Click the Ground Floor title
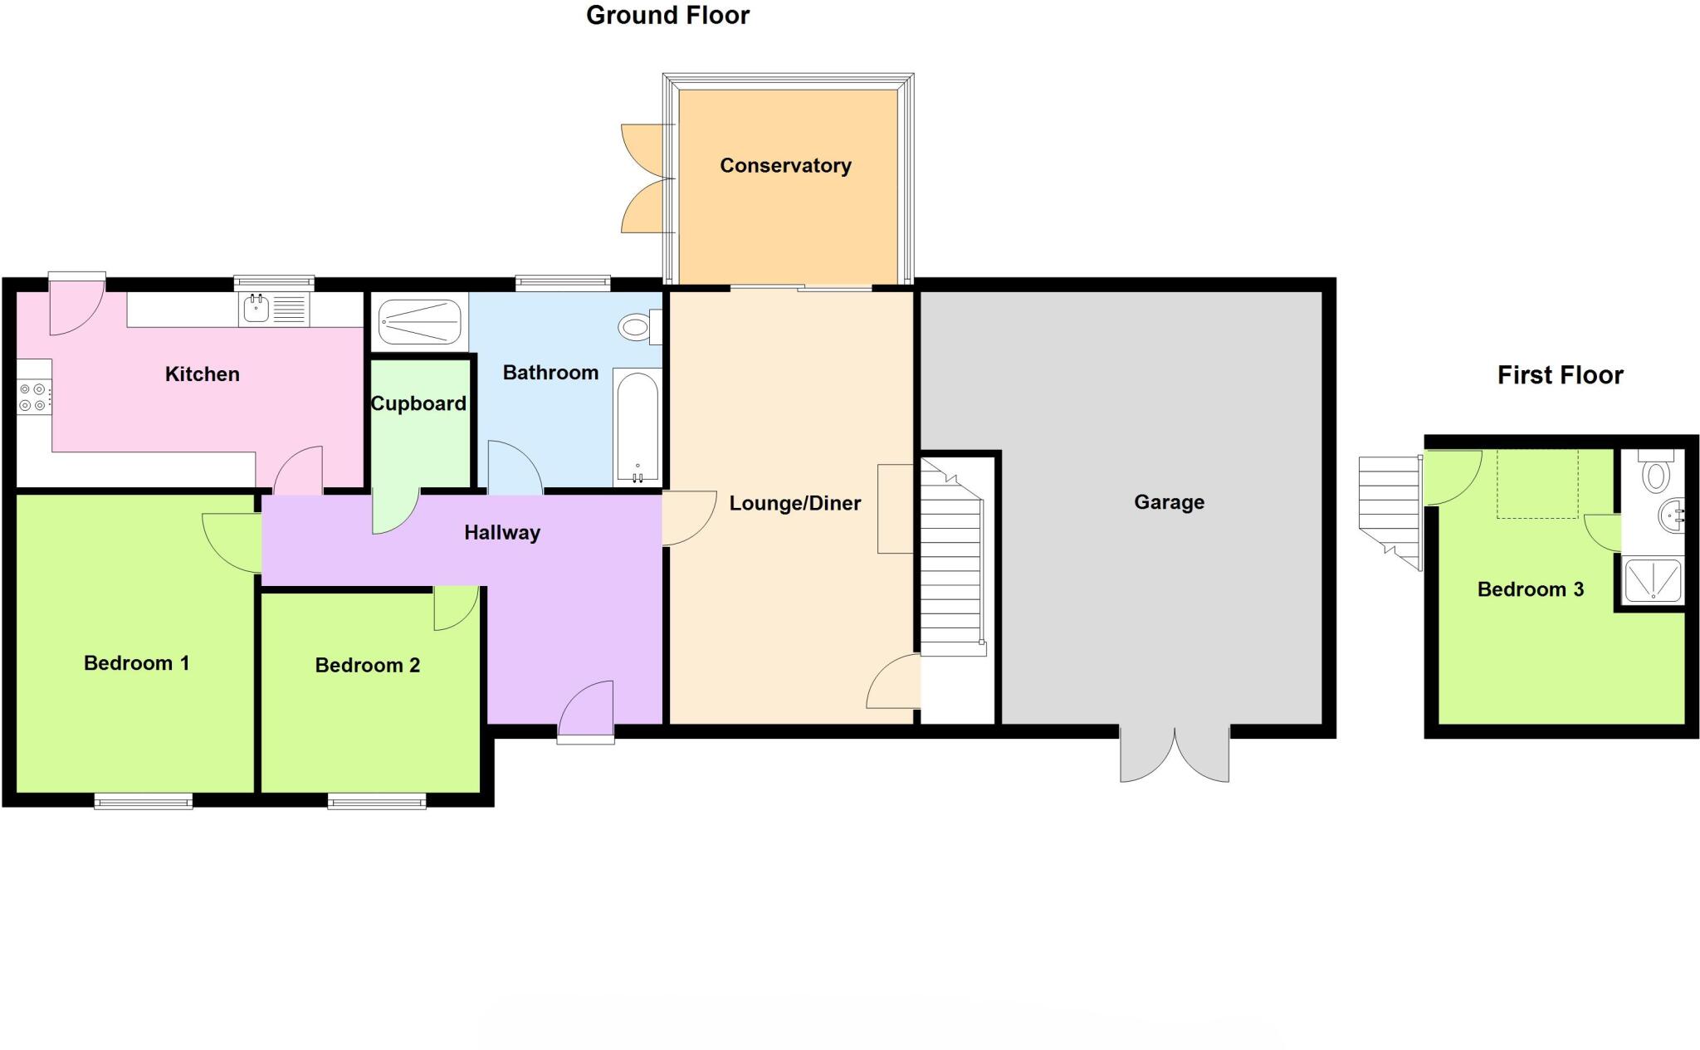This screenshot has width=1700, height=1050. click(667, 16)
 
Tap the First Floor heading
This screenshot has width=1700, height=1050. click(1560, 375)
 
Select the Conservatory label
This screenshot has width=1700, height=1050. click(785, 166)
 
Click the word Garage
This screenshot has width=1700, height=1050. click(1169, 502)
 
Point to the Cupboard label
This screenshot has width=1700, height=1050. click(418, 404)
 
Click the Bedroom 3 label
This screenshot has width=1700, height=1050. click(1530, 589)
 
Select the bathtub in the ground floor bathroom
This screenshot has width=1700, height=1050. click(637, 427)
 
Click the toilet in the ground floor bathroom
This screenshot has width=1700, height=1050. click(637, 327)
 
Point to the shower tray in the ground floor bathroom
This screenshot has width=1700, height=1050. click(419, 322)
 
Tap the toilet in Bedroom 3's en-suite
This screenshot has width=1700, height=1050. click(1656, 472)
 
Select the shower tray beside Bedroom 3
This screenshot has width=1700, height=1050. click(1652, 580)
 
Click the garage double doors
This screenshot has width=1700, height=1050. click(1174, 755)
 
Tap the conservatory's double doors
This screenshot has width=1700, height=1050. click(647, 178)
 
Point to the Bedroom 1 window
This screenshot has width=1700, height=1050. click(143, 801)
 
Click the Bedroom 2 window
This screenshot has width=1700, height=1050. click(376, 801)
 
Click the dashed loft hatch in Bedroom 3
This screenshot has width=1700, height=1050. click(1537, 484)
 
